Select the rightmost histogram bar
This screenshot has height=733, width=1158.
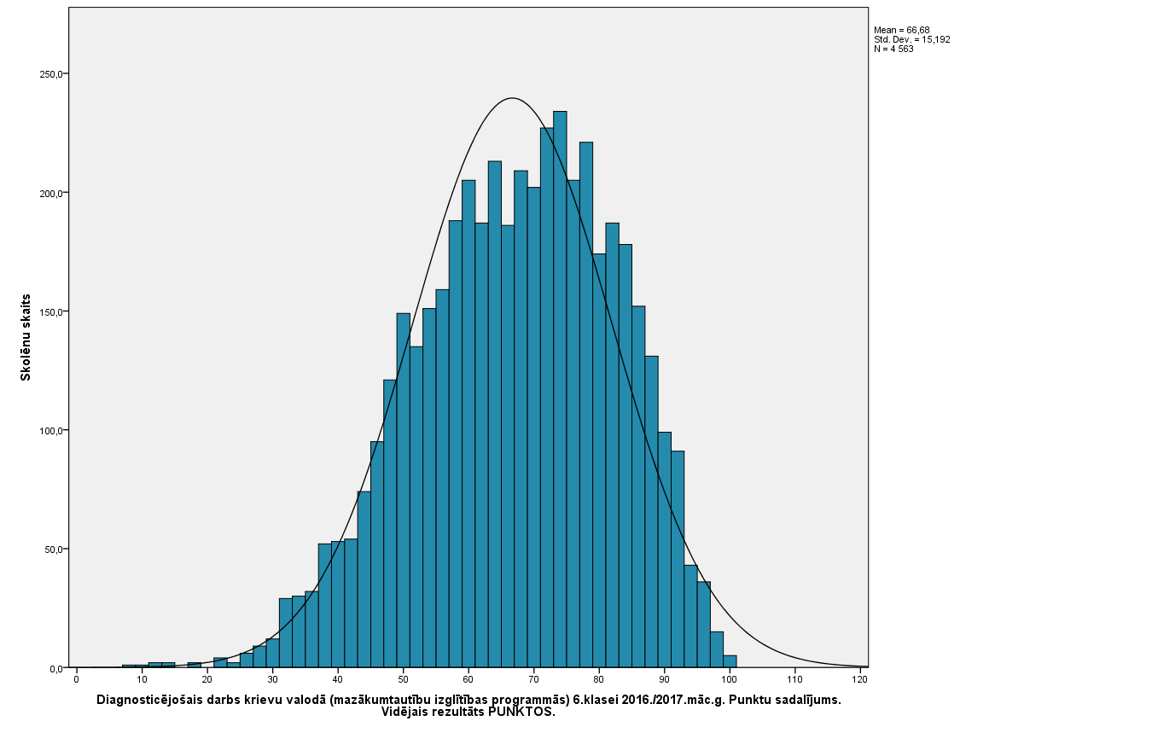[730, 661]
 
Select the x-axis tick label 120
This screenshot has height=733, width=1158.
[860, 679]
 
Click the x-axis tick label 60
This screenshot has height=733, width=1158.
[468, 679]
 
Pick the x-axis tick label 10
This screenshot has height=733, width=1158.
[142, 679]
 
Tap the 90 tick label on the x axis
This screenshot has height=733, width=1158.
[664, 679]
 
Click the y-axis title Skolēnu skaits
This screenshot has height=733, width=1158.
[26, 337]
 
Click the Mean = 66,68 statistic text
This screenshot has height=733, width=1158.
[901, 30]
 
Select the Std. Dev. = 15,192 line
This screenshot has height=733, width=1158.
[911, 39]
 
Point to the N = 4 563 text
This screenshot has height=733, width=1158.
[893, 49]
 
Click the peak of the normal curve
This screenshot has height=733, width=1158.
[511, 98]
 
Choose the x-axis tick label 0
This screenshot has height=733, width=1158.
[77, 679]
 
